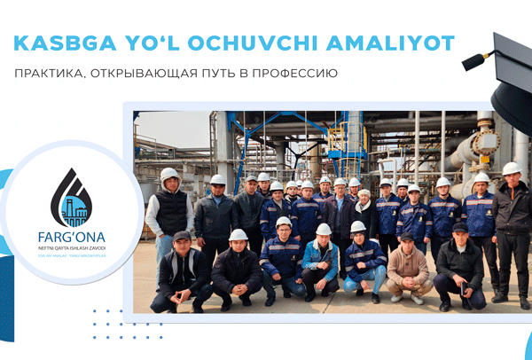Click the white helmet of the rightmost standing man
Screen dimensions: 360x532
512,168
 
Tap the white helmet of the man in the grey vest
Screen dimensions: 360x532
168,174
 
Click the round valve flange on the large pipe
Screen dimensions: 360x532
484,142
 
